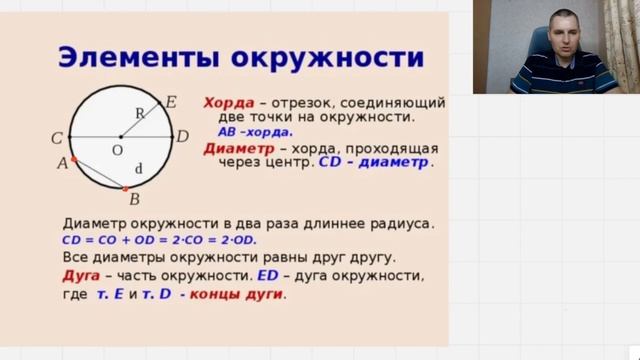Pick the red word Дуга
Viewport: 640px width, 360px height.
81,275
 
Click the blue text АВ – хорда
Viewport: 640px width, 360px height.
255,131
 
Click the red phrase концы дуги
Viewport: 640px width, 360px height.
235,294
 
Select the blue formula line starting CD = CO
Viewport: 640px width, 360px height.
160,241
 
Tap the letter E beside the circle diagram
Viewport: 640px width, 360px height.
171,102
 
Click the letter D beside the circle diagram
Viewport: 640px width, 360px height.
182,136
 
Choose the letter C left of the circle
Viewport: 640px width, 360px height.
57,137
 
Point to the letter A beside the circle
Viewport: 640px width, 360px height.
62,163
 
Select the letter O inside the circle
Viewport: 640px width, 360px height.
117,149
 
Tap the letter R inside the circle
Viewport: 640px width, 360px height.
140,113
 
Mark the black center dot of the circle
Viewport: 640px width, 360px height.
120,136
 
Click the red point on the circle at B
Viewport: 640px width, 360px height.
124,188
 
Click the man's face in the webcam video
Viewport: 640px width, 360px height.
560,36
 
